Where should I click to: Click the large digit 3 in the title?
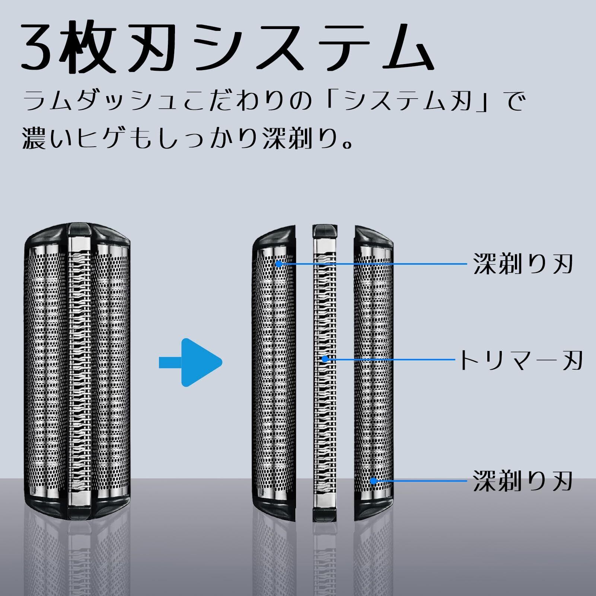(x=39, y=48)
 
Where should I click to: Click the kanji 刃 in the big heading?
(x=151, y=48)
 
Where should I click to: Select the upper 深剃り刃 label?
(x=522, y=264)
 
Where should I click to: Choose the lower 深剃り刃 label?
(x=522, y=481)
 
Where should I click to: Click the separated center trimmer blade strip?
(x=325, y=409)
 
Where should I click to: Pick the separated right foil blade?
(x=374, y=372)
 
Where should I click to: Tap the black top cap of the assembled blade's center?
(x=79, y=229)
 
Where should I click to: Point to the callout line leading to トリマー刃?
(x=391, y=360)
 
